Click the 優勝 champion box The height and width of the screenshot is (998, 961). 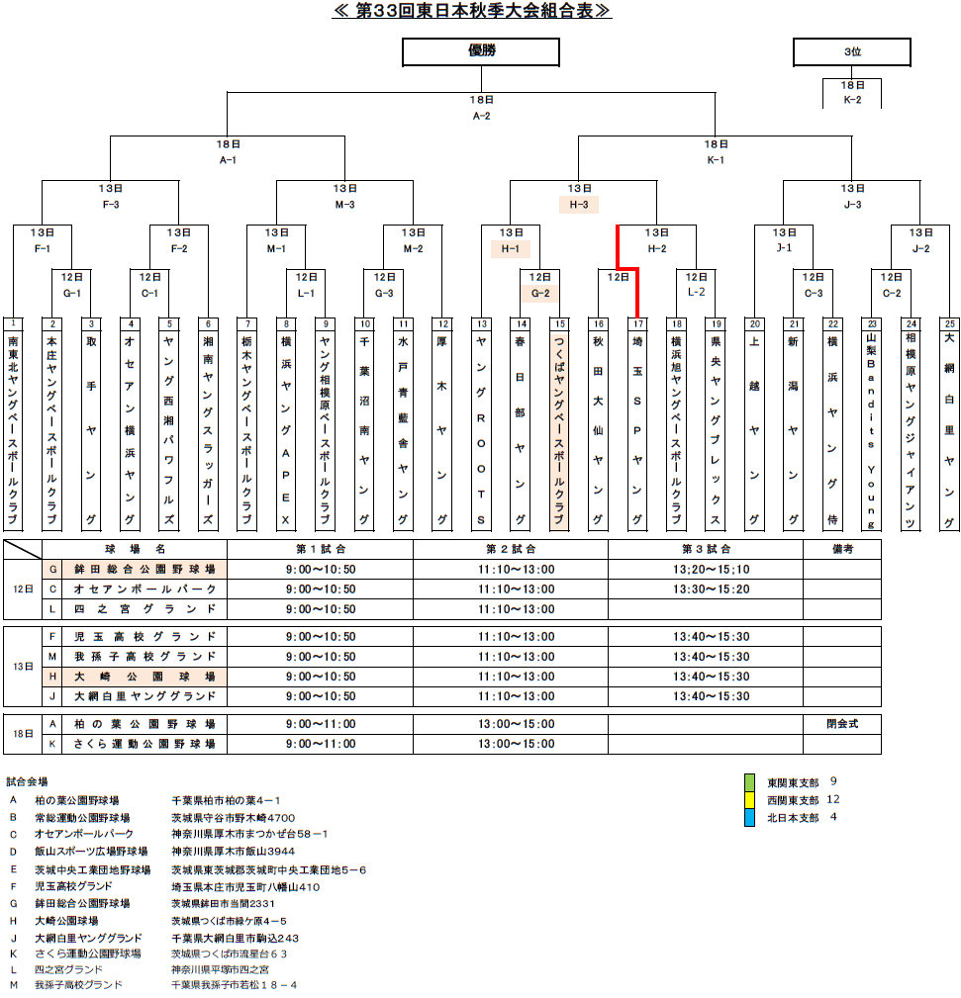pos(481,51)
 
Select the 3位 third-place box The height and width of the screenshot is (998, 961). pos(851,51)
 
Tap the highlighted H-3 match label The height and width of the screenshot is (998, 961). pos(579,205)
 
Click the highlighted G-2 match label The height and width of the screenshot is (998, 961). pos(539,293)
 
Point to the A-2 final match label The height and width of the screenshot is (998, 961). pos(481,116)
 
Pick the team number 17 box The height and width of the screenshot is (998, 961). pos(637,323)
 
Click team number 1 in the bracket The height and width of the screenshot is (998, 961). pos(13,323)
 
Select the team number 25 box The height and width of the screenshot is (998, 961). pos(949,323)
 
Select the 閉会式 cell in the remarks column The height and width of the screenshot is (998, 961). pos(841,724)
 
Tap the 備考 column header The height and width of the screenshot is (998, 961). pos(841,549)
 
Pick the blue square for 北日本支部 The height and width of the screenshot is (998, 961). pos(750,818)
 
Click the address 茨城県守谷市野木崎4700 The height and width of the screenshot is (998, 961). pos(234,818)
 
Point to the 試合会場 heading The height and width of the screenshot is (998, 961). pos(27,781)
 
